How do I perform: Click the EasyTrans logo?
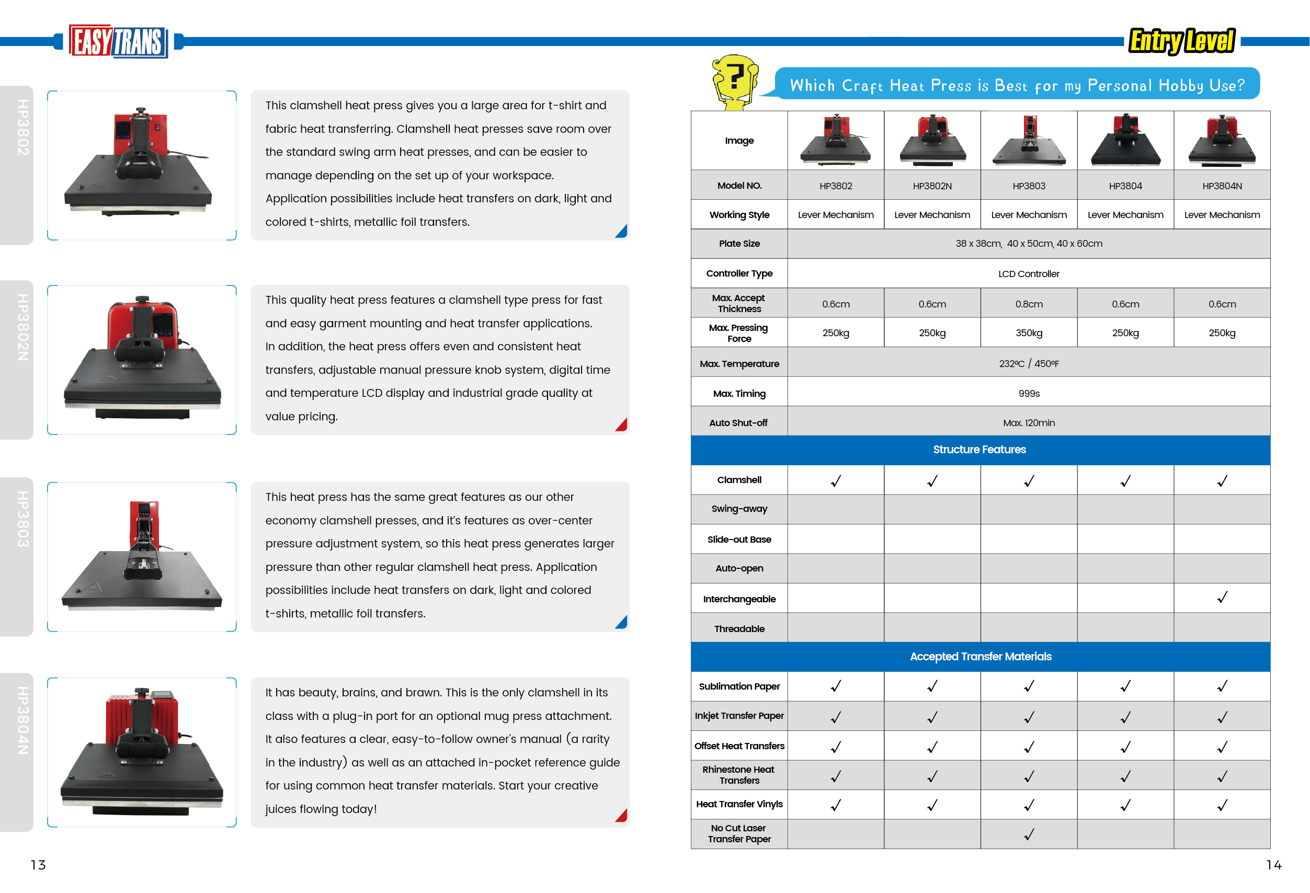(118, 41)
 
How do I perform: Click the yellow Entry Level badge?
(1181, 41)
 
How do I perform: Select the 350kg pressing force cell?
(1028, 333)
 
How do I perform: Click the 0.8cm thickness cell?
(1028, 304)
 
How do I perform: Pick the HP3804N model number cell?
(1222, 186)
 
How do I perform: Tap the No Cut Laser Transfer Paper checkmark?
(1028, 834)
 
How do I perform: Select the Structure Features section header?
(979, 450)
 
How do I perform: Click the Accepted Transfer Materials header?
(979, 656)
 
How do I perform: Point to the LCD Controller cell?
(1028, 274)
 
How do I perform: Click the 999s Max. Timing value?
(1028, 393)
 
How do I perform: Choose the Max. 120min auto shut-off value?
(1028, 422)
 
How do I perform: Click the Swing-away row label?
(739, 509)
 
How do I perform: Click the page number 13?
(38, 865)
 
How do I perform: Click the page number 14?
(1273, 865)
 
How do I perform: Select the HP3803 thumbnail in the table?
(1028, 141)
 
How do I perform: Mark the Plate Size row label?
(739, 244)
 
